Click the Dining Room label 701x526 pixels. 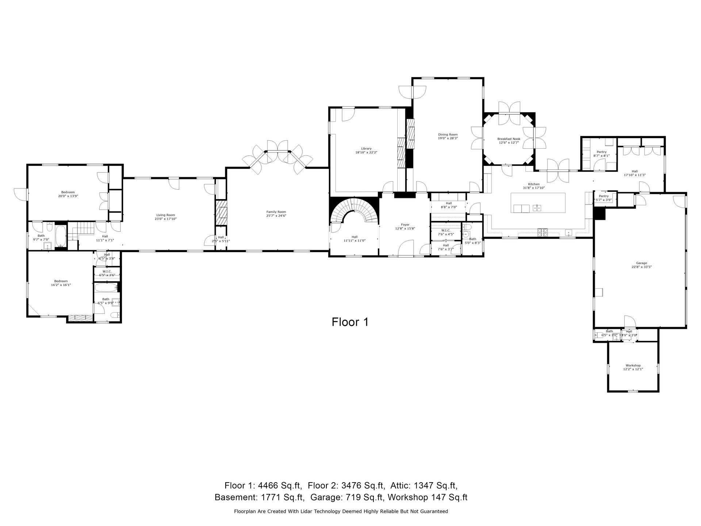click(x=448, y=134)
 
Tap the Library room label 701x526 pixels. click(x=366, y=149)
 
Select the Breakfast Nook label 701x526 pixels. click(x=509, y=139)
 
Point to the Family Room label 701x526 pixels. click(x=276, y=212)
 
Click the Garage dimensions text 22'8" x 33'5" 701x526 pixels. click(x=641, y=267)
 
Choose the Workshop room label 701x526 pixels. click(x=633, y=365)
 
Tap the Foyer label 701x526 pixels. click(x=405, y=225)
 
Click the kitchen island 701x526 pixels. click(x=538, y=203)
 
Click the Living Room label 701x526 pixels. click(x=165, y=215)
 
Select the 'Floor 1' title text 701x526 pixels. click(x=350, y=322)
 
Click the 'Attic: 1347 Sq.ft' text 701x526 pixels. click(x=424, y=485)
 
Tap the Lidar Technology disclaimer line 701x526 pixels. click(x=341, y=511)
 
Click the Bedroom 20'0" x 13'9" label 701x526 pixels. click(x=68, y=192)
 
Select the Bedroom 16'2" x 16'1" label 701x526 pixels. click(x=61, y=281)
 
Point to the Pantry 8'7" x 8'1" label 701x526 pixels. click(x=601, y=152)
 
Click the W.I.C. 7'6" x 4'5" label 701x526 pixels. click(x=446, y=230)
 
